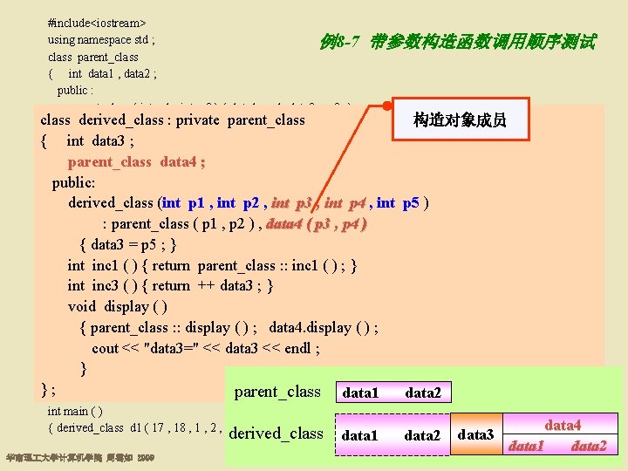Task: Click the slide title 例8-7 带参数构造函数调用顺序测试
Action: click(x=458, y=41)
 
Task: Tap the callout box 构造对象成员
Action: click(x=460, y=119)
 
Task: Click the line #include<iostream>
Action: click(x=97, y=19)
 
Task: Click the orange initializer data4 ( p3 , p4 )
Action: click(x=317, y=224)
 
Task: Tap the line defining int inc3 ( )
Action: click(x=170, y=286)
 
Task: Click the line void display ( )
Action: click(x=118, y=306)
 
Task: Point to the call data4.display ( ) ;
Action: click(x=323, y=327)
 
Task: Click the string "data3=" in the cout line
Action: click(x=188, y=348)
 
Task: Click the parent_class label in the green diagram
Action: click(x=277, y=392)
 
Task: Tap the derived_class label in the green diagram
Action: click(x=276, y=433)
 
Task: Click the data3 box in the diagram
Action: click(x=475, y=434)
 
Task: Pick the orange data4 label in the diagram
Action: click(x=563, y=426)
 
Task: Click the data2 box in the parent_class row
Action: click(x=423, y=393)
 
